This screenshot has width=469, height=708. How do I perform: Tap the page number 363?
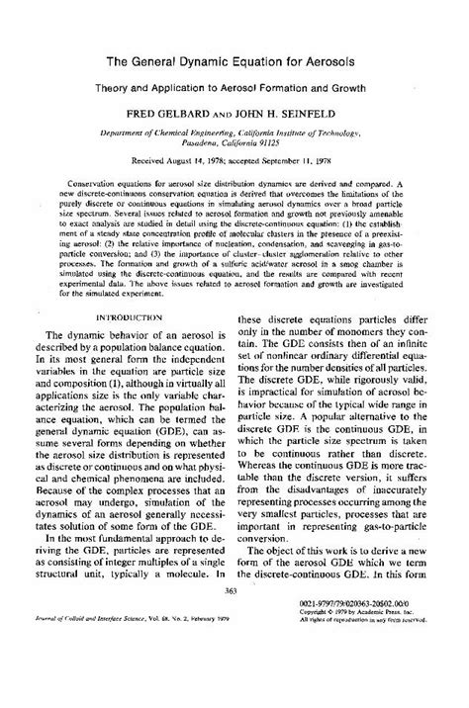pos(234,644)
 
